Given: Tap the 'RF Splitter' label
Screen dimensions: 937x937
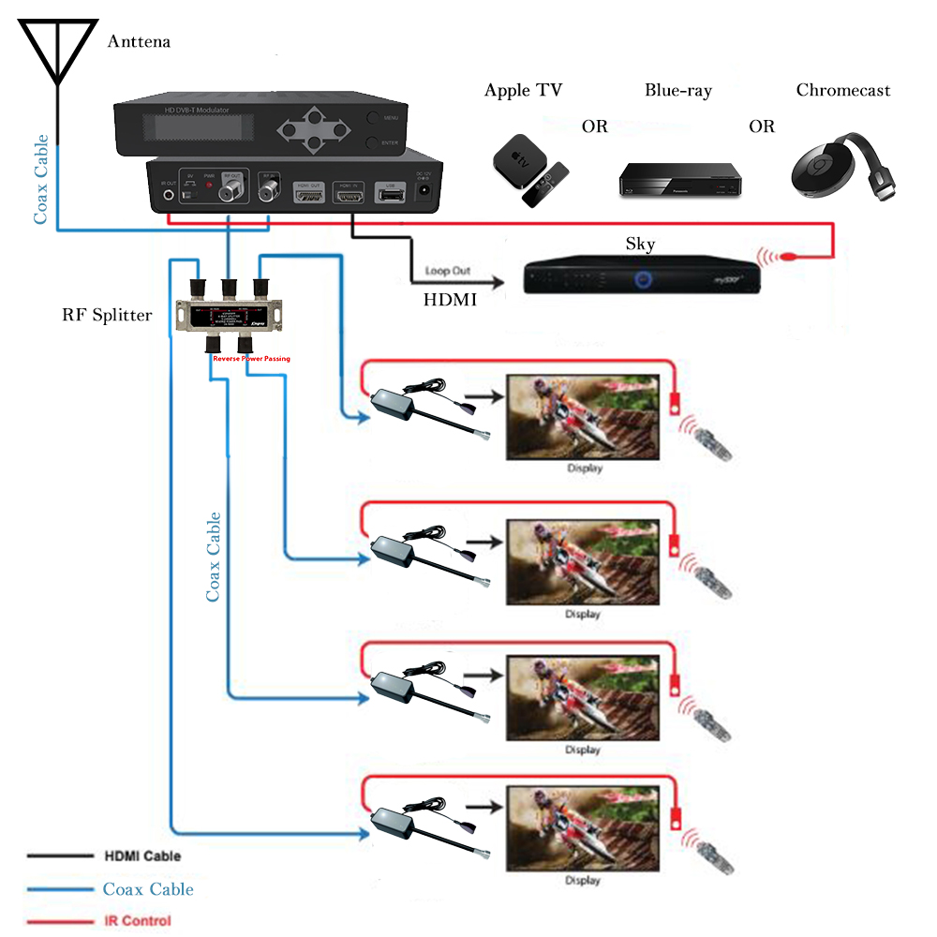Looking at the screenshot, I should tap(107, 315).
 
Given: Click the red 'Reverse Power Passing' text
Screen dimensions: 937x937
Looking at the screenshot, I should tap(251, 358).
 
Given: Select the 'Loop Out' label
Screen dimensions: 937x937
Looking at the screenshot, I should tap(448, 270).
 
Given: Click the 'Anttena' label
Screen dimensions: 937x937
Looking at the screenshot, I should tap(139, 42).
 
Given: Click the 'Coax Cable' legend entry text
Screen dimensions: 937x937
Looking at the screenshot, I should tap(148, 889).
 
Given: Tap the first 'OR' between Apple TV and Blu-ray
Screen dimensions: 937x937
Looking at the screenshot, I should tap(594, 126).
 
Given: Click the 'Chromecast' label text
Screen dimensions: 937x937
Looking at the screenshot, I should tap(843, 91).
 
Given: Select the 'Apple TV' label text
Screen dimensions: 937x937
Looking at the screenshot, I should tap(523, 91).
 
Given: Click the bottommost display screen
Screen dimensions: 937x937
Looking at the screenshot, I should tap(583, 828).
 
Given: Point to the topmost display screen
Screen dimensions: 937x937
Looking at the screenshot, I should tap(583, 417).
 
